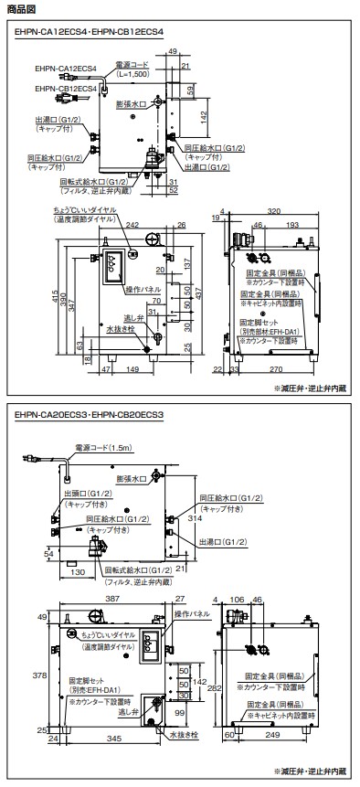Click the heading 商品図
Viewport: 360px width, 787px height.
pyautogui.click(x=20, y=9)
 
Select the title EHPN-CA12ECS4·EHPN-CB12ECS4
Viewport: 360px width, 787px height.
pyautogui.click(x=89, y=30)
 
